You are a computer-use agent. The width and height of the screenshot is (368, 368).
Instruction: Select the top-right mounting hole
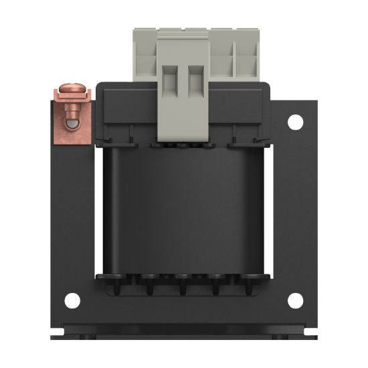click(295, 122)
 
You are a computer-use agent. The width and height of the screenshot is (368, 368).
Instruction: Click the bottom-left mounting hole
click(73, 301)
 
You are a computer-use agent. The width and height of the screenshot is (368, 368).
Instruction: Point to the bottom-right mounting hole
click(295, 301)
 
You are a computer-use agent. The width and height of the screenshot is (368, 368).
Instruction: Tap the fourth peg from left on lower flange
click(217, 288)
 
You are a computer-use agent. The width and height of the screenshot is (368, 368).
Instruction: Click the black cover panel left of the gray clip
click(127, 107)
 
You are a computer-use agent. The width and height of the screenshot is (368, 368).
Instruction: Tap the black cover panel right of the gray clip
click(238, 107)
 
